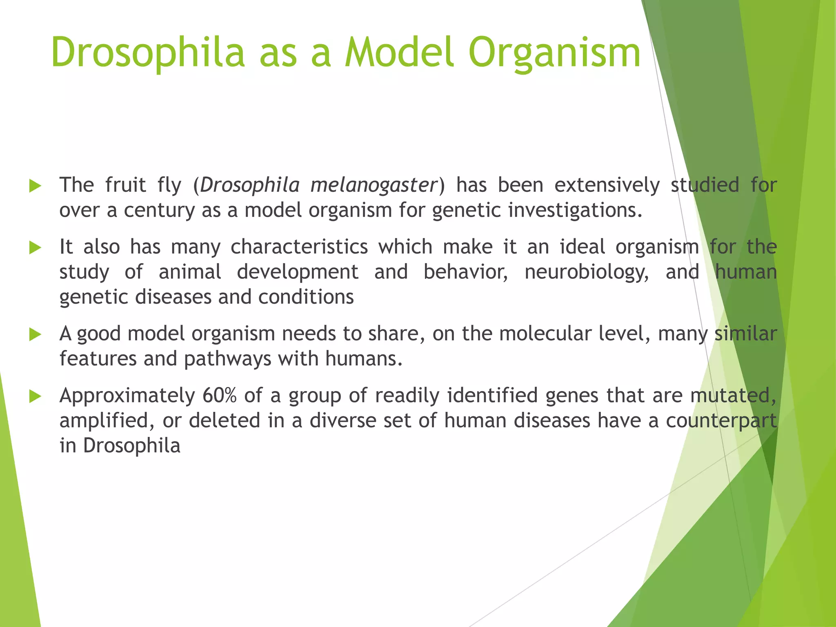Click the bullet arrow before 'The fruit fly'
pos(36,187)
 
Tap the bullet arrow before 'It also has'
pos(36,248)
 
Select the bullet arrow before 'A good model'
pos(36,335)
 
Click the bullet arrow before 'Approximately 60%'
pos(36,396)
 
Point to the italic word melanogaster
pos(374,185)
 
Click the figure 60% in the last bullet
pos(219,396)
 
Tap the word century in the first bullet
pos(159,210)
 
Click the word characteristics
pos(299,247)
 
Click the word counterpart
pos(721,421)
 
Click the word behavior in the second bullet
pos(465,272)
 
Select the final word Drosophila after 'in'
pos(131,445)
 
